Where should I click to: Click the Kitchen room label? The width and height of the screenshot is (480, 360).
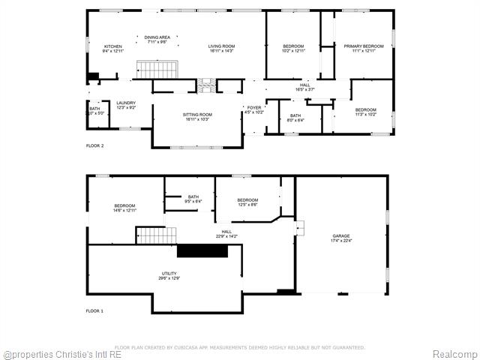(112, 49)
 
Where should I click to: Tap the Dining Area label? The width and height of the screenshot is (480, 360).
(157, 39)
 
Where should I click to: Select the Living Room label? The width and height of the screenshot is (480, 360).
(221, 49)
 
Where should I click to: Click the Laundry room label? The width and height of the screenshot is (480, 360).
(125, 105)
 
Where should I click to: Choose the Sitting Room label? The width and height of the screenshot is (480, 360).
(197, 117)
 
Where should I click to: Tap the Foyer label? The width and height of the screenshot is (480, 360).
(254, 110)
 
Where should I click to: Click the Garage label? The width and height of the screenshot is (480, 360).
(341, 238)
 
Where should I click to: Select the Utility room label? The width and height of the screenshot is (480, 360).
(169, 276)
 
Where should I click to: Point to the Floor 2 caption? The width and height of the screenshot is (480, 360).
(94, 145)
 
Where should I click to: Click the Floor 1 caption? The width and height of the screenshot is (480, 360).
(94, 310)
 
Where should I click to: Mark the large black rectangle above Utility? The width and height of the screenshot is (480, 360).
(202, 251)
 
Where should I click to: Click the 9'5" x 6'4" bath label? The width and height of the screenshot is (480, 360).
(193, 199)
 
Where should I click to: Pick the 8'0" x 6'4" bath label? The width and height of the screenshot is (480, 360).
(295, 118)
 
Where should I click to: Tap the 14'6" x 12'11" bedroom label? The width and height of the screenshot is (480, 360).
(124, 208)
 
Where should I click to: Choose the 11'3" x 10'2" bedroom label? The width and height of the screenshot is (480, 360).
(365, 112)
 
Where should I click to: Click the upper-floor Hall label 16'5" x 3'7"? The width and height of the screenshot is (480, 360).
(304, 87)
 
